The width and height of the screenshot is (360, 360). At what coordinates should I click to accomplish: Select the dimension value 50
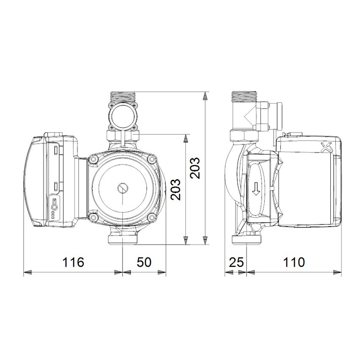[x=144, y=262]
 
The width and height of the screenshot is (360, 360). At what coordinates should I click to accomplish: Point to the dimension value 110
[x=294, y=262]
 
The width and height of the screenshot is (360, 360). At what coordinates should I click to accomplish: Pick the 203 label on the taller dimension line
[x=196, y=168]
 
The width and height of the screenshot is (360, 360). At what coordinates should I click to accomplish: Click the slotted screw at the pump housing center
[x=122, y=187]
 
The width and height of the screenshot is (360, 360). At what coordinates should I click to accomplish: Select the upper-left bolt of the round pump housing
[x=93, y=159]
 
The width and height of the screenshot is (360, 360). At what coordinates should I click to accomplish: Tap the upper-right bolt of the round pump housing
[x=151, y=159]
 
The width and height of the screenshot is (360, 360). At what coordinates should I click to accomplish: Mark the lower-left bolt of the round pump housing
[x=93, y=216]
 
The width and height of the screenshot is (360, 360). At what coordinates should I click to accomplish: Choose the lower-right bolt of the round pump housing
[x=151, y=216]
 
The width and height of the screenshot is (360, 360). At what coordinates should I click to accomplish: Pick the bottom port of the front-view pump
[x=122, y=238]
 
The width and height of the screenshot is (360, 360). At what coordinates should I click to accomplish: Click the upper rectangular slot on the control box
[x=56, y=149]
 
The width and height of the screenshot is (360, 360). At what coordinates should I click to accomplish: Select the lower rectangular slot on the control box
[x=56, y=186]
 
